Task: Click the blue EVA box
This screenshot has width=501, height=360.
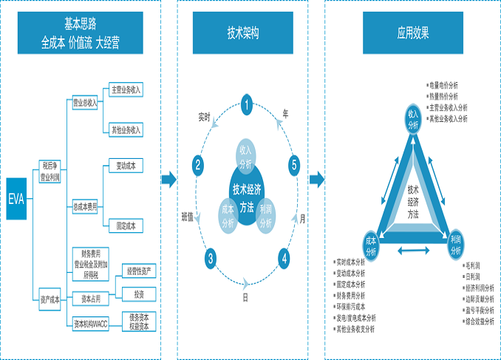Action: coord(16,200)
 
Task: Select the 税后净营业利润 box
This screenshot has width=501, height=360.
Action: coord(51,172)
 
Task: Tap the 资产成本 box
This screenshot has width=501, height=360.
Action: coord(51,298)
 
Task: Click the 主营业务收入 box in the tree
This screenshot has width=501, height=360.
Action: coord(126,89)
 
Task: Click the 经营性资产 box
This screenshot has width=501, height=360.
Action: coord(140,271)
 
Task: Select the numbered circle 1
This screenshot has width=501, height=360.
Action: coord(247,104)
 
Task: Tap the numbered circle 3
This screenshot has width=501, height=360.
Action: coord(211,258)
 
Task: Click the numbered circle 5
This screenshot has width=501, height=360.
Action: coord(294,165)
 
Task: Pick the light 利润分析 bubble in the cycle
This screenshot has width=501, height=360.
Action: coord(265,215)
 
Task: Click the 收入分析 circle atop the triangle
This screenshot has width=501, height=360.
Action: coord(413,118)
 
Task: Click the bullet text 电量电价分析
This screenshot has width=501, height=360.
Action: coord(444,86)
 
